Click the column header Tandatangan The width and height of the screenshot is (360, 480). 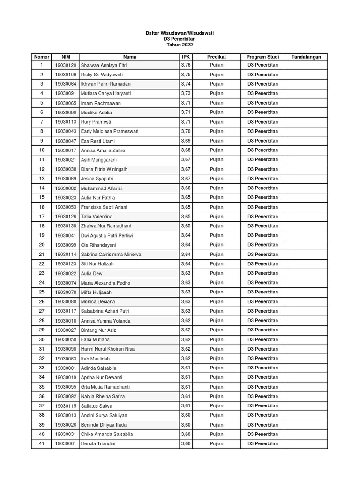[306, 57]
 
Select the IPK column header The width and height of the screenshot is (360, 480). [186, 57]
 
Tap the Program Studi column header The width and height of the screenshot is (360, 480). [262, 57]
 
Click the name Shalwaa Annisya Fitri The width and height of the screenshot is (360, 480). [104, 65]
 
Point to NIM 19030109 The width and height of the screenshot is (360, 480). [65, 75]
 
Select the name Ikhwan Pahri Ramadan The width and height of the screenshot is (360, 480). [105, 84]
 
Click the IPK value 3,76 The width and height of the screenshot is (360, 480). [186, 65]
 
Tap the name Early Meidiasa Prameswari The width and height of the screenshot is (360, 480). [110, 131]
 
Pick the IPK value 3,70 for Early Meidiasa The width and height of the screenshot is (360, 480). [186, 131]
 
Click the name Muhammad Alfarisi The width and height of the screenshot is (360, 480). [102, 188]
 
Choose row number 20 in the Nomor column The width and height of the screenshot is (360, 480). [41, 245]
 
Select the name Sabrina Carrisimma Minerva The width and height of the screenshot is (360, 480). [111, 254]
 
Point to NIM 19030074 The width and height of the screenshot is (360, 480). [65, 283]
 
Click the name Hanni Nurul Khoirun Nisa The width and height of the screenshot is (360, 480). [108, 349]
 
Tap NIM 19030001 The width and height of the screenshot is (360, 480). [65, 368]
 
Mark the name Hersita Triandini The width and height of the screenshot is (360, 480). [98, 443]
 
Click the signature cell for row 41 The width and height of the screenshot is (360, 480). [306, 443]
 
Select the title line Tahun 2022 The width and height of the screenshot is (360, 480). [180, 45]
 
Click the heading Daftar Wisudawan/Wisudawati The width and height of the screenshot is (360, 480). [180, 33]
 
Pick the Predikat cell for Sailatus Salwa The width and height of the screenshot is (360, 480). [217, 405]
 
